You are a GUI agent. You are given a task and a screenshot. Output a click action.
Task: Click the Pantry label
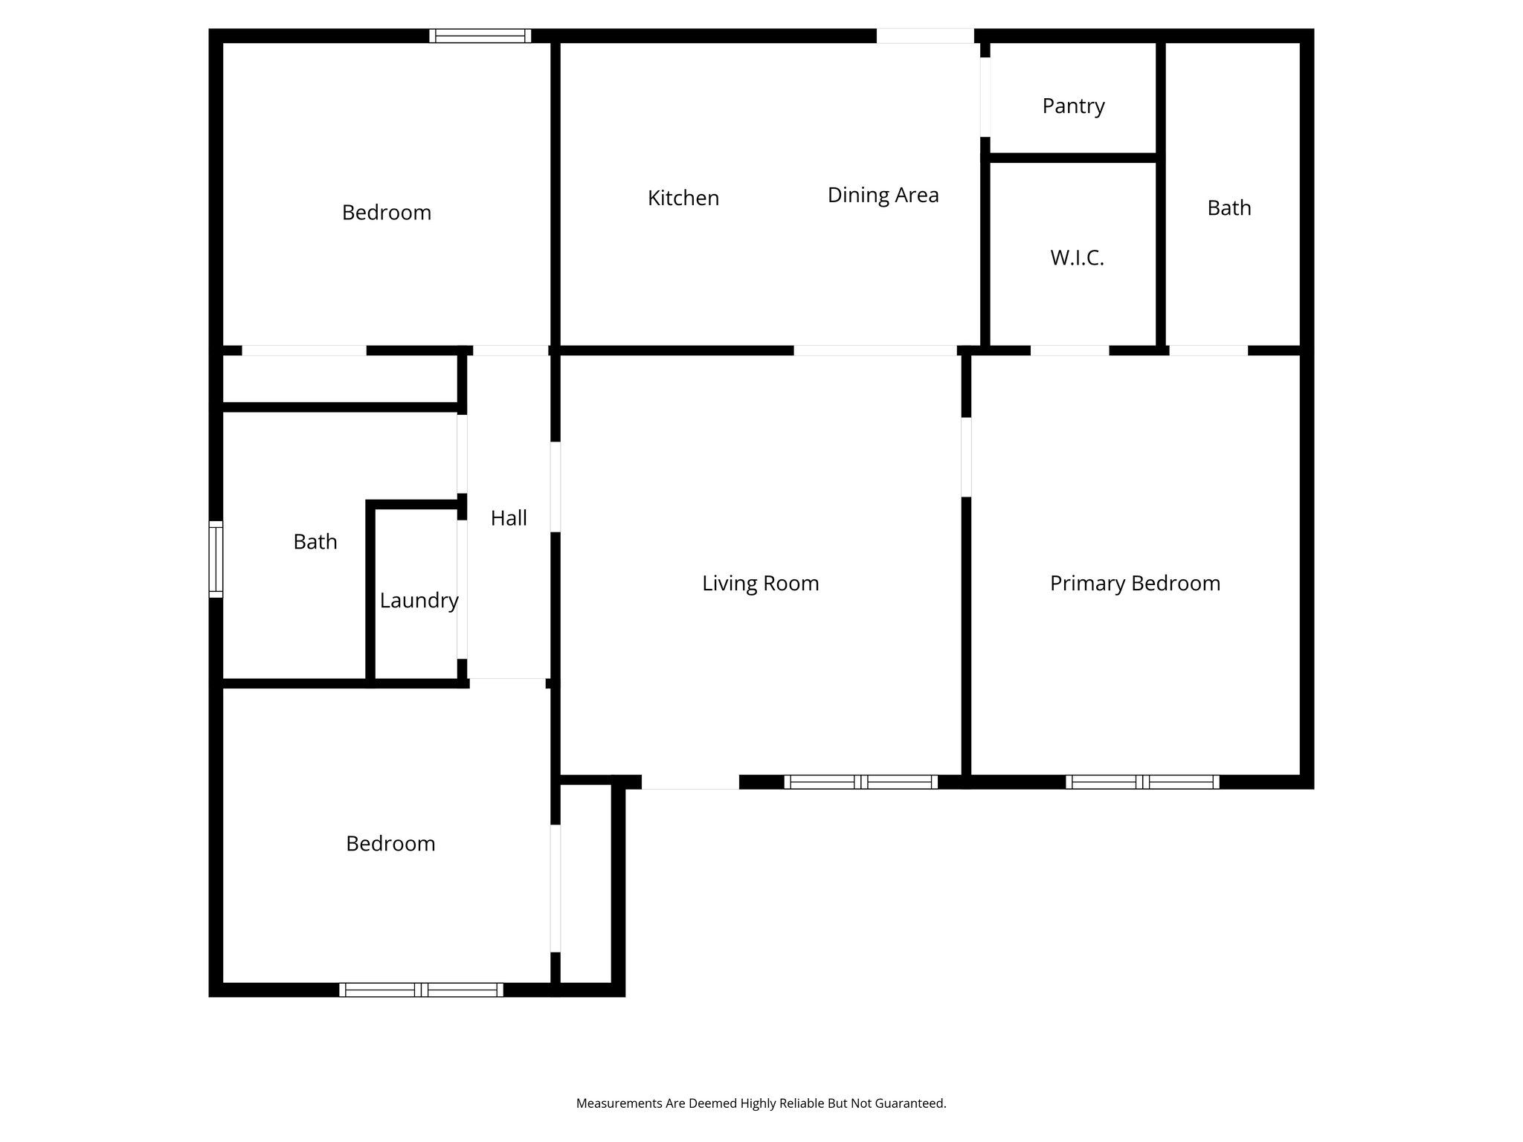click(1073, 106)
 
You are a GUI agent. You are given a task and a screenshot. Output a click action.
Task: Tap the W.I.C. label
click(1077, 258)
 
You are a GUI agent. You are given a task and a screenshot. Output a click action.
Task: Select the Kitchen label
click(683, 198)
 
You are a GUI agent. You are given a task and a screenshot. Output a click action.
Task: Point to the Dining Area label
click(883, 195)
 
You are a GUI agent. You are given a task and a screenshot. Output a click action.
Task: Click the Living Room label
click(760, 583)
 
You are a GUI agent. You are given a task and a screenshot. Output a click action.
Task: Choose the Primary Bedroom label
click(1135, 583)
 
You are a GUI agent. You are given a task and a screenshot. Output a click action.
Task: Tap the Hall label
click(509, 518)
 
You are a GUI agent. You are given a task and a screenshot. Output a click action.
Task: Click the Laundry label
click(419, 600)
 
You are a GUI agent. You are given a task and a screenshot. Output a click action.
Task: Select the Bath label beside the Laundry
click(315, 541)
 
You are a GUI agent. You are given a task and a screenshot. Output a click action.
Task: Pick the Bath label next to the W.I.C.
click(1229, 207)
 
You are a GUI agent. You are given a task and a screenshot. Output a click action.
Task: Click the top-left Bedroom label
click(386, 213)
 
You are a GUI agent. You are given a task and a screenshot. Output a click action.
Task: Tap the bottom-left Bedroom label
click(390, 843)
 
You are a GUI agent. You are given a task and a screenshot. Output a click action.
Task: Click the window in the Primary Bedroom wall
click(1142, 781)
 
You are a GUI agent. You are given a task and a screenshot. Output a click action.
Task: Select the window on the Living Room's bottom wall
click(860, 781)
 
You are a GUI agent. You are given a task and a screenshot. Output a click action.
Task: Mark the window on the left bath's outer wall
click(216, 559)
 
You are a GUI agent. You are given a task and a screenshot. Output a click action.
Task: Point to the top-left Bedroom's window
click(480, 36)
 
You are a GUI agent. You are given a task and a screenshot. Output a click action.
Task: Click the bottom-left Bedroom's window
click(421, 990)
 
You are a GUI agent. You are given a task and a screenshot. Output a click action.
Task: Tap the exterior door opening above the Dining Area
click(925, 36)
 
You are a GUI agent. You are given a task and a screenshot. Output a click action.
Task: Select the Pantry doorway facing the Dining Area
click(985, 97)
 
